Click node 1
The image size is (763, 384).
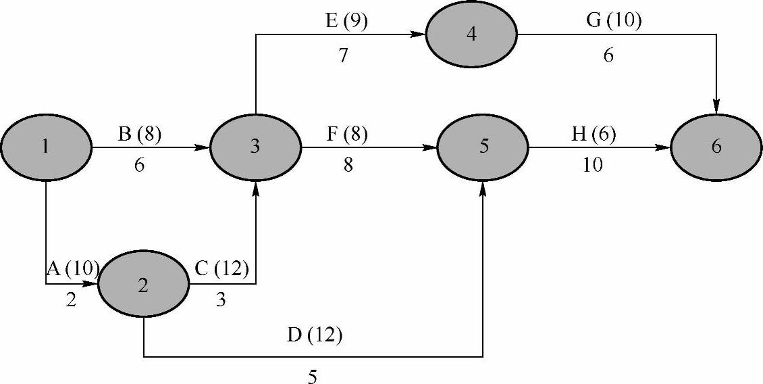[x=45, y=146]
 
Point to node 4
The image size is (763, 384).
[x=471, y=34]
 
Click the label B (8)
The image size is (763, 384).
[x=140, y=135]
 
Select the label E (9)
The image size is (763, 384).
[x=346, y=22]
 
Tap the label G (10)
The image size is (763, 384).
[x=613, y=22]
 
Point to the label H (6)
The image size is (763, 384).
[x=594, y=135]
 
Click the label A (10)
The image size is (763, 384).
[x=72, y=269]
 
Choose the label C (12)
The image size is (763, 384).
[x=221, y=269]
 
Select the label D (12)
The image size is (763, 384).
[x=315, y=335]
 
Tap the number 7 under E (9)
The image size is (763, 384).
[x=344, y=55]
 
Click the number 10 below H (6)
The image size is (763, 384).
[x=592, y=166]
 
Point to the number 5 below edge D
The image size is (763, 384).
[x=312, y=376]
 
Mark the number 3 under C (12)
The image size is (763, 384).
[x=221, y=300]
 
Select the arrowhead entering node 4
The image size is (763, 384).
[x=419, y=34]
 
